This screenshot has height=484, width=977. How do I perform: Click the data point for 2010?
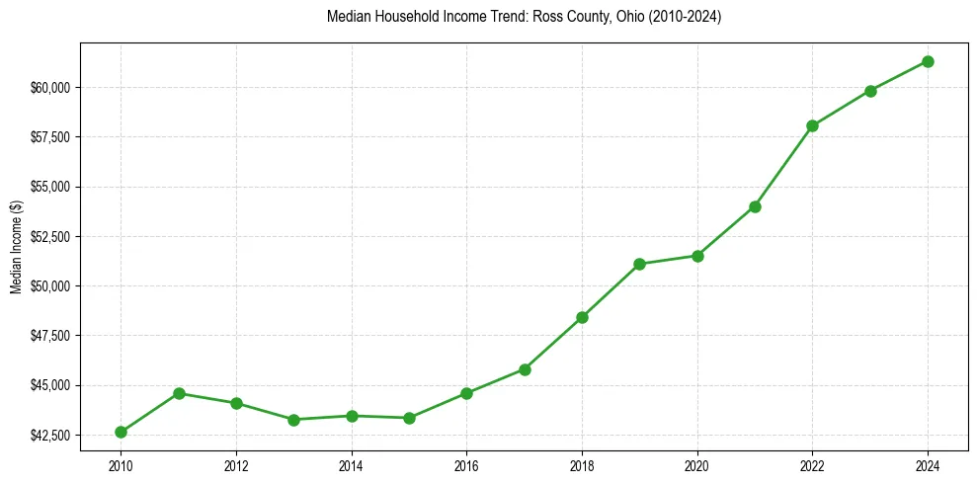click(121, 432)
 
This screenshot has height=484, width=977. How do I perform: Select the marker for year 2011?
click(179, 393)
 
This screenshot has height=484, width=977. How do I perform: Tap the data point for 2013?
click(293, 420)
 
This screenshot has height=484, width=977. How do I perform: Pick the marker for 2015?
click(409, 418)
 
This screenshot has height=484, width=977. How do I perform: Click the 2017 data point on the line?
click(525, 369)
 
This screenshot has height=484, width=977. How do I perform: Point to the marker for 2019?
click(639, 264)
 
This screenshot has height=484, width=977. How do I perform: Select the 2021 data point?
click(755, 206)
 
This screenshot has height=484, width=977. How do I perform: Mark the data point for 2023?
click(870, 91)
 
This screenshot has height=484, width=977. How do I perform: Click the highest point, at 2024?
click(928, 61)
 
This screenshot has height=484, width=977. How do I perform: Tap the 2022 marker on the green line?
click(812, 125)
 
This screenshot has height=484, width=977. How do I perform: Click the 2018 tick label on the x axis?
click(582, 464)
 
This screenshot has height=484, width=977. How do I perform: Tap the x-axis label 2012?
click(236, 464)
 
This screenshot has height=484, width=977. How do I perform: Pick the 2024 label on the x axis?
click(928, 464)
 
